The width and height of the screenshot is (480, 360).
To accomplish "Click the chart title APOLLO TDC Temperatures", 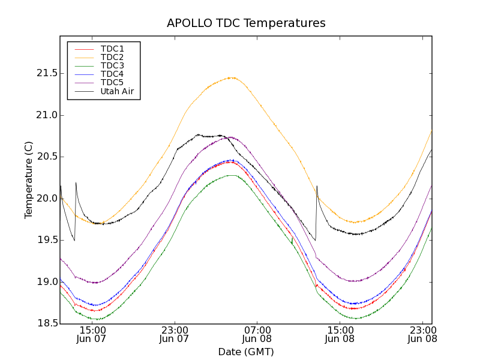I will [x=246, y=23].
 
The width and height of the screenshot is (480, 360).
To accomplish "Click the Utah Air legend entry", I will [x=116, y=92].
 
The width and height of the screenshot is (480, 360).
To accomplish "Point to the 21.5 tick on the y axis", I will [x=46, y=73].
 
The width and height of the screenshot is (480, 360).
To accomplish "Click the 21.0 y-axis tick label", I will [x=46, y=115].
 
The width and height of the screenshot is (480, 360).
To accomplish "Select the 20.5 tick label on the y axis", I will [x=46, y=157].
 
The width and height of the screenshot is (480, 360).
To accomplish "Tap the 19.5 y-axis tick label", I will [x=46, y=240].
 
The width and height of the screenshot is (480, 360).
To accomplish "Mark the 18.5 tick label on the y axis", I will [x=46, y=323].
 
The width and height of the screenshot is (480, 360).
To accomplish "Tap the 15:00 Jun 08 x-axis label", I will [x=340, y=335].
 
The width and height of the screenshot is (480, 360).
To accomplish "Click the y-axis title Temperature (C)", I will [x=29, y=180].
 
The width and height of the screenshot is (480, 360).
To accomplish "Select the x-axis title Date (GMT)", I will [x=246, y=352].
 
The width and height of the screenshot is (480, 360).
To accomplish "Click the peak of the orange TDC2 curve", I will [x=231, y=77].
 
